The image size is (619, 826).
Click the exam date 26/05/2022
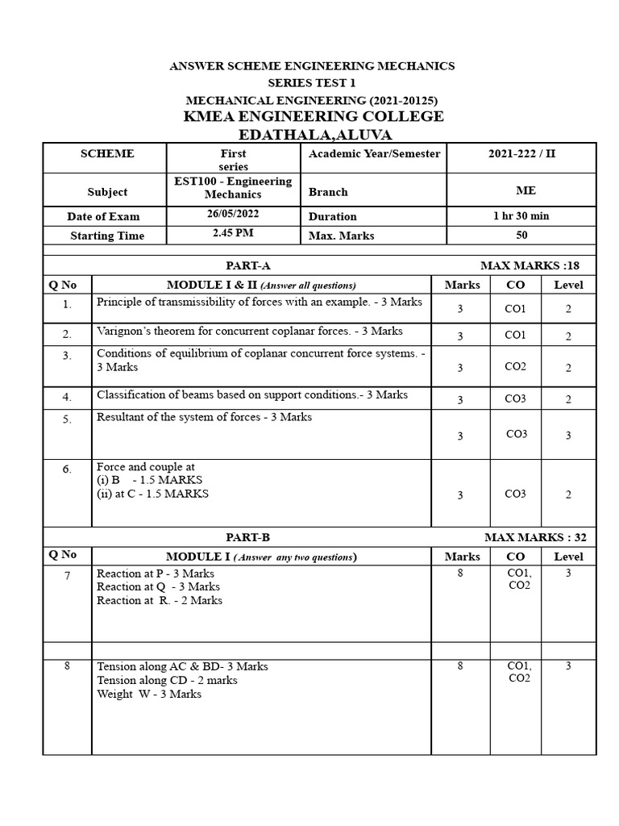(x=233, y=215)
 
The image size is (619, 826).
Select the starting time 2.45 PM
(x=233, y=234)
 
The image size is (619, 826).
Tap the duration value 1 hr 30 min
(x=521, y=215)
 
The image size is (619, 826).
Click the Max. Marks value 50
(x=521, y=235)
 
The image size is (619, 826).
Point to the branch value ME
(x=521, y=190)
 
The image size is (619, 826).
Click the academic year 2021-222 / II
(x=521, y=153)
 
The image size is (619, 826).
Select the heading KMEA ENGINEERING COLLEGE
(x=314, y=116)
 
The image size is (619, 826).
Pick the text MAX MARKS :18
(x=530, y=265)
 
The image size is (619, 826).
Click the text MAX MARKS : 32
(x=531, y=536)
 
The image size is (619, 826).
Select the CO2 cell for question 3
(x=515, y=366)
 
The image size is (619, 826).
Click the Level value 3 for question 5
(x=567, y=435)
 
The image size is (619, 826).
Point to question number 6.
(x=67, y=469)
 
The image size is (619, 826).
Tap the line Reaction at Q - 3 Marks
(x=158, y=586)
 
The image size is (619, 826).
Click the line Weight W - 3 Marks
(x=149, y=694)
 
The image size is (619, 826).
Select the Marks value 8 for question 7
(x=460, y=573)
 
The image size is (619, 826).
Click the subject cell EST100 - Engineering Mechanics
(x=233, y=187)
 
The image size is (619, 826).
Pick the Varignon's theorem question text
(x=250, y=332)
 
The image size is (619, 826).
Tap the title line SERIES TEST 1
(x=311, y=83)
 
